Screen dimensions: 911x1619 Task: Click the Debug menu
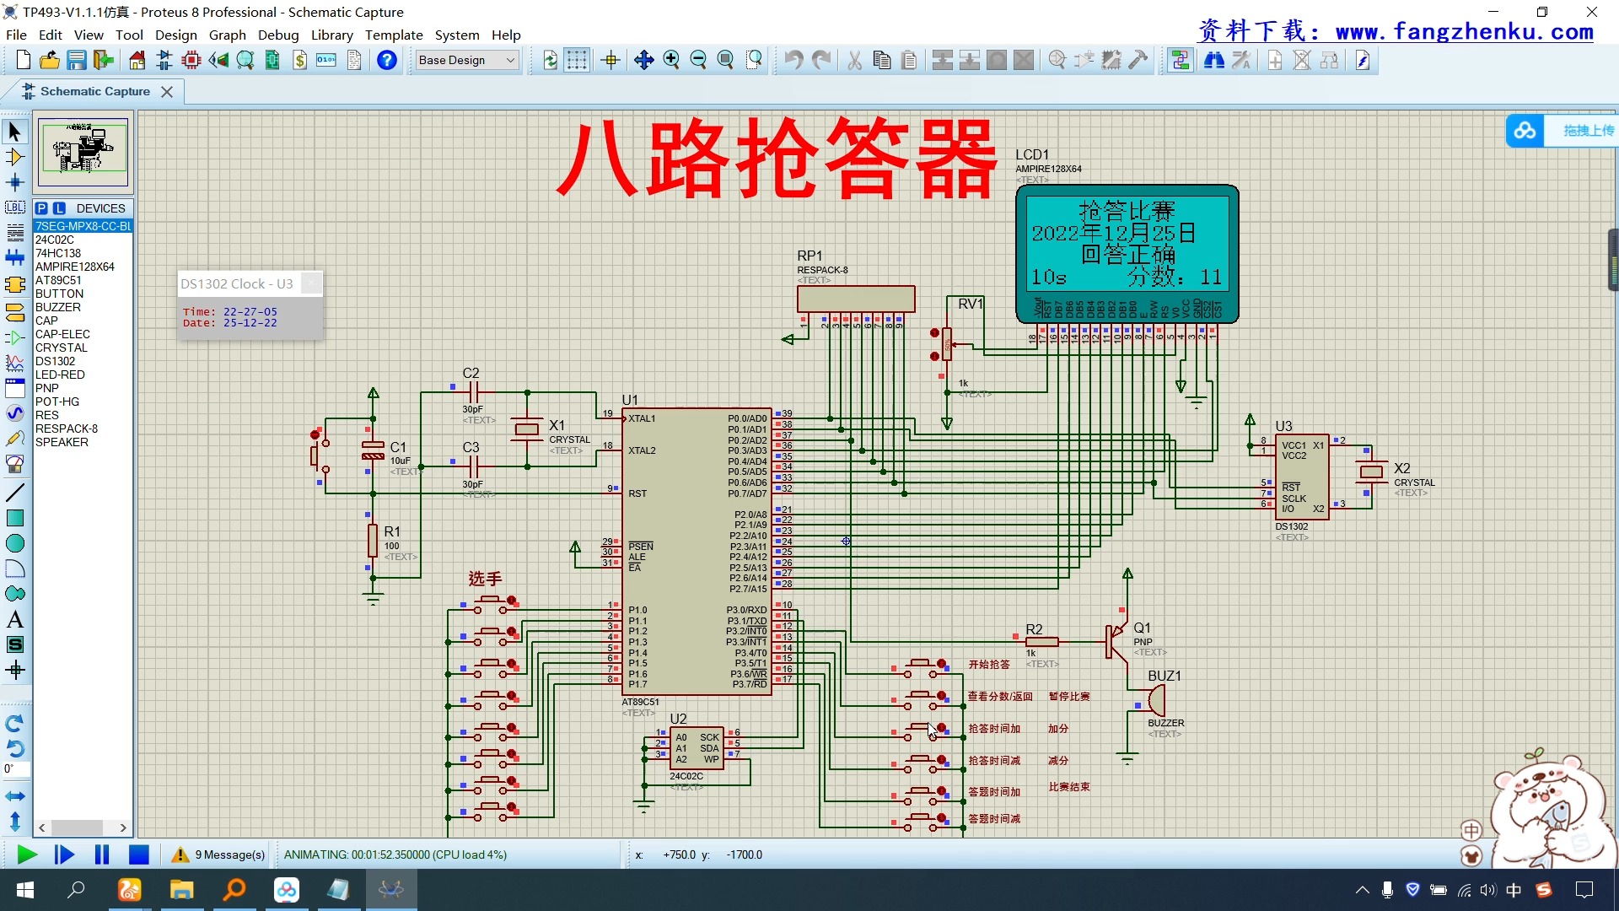pos(278,35)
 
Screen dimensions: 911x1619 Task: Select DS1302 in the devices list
pos(55,361)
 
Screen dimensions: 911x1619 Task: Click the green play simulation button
pos(27,854)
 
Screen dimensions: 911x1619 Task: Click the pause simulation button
pos(102,854)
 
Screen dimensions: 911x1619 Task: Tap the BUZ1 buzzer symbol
pos(1154,700)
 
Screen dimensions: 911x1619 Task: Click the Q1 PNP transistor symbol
pos(1116,641)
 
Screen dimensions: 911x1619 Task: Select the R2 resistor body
pos(1041,642)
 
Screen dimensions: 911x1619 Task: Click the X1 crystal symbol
pos(527,429)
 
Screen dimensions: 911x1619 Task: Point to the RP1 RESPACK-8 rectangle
pos(856,299)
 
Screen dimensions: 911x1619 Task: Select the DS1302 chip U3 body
pos(1302,477)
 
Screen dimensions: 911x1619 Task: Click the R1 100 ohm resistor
pos(373,541)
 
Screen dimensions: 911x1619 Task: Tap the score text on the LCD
pos(1175,277)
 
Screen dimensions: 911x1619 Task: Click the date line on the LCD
pos(1113,233)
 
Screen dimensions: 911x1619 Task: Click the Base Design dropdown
pos(467,60)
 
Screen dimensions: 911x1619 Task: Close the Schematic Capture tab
pos(167,92)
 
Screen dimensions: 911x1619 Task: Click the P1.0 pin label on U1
pos(637,610)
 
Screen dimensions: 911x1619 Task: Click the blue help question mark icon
pos(387,60)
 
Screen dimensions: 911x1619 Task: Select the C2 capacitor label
pos(471,373)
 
